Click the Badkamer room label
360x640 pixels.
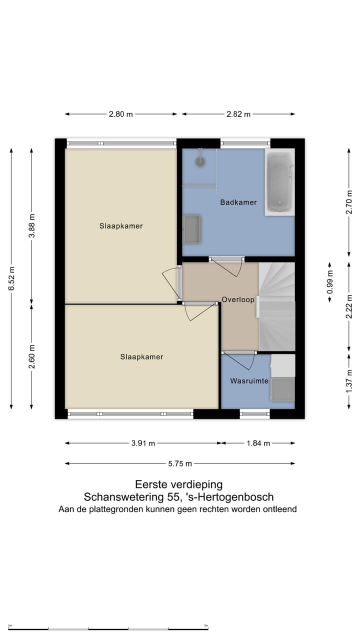click(x=238, y=202)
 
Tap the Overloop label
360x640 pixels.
click(x=238, y=299)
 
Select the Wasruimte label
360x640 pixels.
click(x=249, y=381)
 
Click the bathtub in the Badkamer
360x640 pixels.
click(x=279, y=182)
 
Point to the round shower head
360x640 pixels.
click(x=200, y=161)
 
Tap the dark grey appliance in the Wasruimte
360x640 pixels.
click(x=282, y=389)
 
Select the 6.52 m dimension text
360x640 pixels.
click(x=11, y=278)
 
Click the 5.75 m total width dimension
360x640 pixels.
click(x=179, y=463)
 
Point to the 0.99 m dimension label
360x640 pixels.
click(x=330, y=282)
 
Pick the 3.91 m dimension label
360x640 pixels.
click(x=143, y=443)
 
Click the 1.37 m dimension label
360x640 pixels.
click(x=349, y=381)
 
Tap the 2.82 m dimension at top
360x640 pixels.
click(x=238, y=114)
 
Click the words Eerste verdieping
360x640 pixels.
click(x=179, y=484)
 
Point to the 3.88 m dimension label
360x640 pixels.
click(x=31, y=225)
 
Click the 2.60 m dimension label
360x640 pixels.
click(x=31, y=356)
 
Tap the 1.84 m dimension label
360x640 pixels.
click(x=258, y=443)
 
